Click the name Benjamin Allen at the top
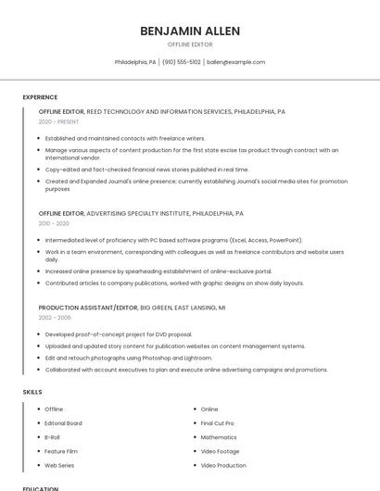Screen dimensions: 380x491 tap(190, 31)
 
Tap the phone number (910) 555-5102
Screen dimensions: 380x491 tap(182, 62)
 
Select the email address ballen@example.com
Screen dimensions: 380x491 tap(235, 62)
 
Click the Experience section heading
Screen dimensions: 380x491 tap(40, 97)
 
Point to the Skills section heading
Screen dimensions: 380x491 tap(32, 392)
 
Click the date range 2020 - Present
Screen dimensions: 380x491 tap(58, 121)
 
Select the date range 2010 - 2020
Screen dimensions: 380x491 tap(54, 223)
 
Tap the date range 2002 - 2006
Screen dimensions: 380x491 tap(55, 317)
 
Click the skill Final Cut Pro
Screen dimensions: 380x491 tap(217, 422)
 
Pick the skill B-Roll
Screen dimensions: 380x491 tap(52, 436)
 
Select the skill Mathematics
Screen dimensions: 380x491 tap(219, 436)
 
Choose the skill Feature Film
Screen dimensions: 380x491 tap(61, 451)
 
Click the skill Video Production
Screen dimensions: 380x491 tap(223, 465)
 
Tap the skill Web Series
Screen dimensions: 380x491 tap(59, 465)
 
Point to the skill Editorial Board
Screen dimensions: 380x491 tap(63, 422)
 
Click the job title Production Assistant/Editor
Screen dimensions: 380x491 tap(87, 307)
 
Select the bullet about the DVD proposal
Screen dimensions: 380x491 tap(119, 334)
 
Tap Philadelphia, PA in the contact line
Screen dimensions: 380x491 tap(135, 62)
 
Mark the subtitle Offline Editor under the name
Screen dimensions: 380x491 tap(190, 44)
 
